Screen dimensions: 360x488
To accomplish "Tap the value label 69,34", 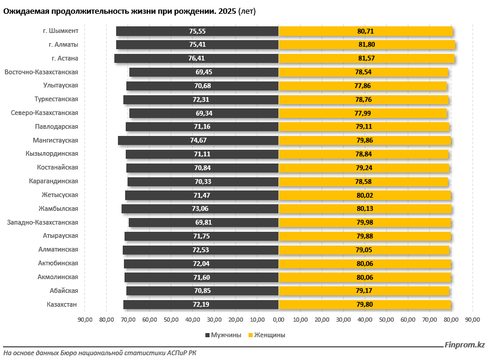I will pos(204,113).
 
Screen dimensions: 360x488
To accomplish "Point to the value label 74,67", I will pos(198,141).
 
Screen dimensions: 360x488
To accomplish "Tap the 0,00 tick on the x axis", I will pos(278,319).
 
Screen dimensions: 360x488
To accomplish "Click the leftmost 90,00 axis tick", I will pos(84,319).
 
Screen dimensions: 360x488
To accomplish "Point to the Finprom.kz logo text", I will pos(464,344).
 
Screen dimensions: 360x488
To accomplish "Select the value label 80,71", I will pos(365,31).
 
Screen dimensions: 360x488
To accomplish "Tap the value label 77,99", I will pos(363,113).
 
